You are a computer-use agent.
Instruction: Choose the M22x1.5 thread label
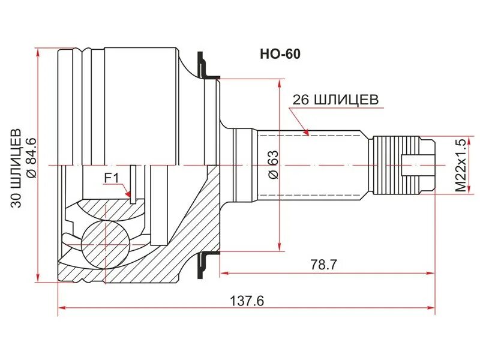(460, 165)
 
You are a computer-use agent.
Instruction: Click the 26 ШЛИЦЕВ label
(335, 100)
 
